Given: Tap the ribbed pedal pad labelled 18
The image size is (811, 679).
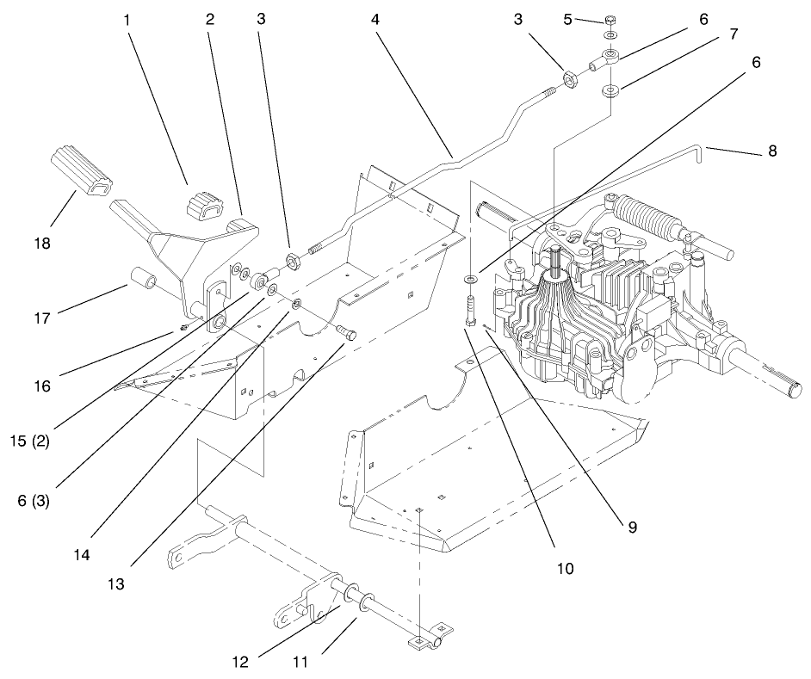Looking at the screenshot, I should pyautogui.click(x=83, y=170).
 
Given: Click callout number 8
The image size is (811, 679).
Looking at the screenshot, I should pyautogui.click(x=771, y=151).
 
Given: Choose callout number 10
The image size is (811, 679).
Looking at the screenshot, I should pyautogui.click(x=564, y=567).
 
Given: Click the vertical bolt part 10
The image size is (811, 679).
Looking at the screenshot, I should pyautogui.click(x=469, y=309).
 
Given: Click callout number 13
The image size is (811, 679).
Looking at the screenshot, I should pyautogui.click(x=116, y=583).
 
